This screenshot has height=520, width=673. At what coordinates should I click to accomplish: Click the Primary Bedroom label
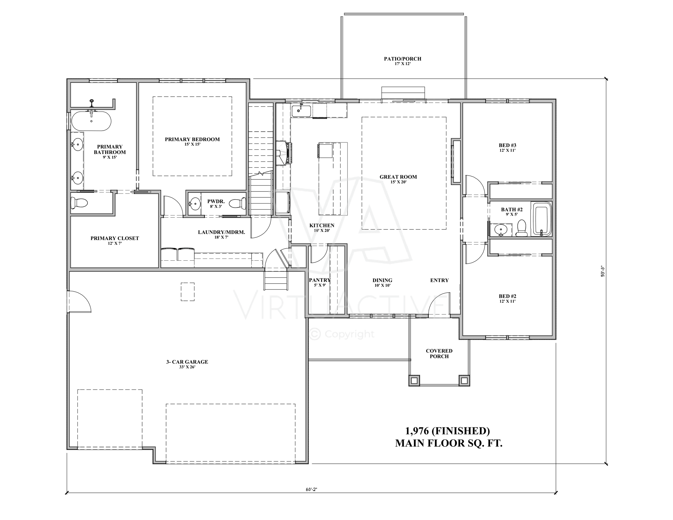pyautogui.click(x=192, y=139)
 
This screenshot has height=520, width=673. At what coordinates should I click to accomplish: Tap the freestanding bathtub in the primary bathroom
pyautogui.click(x=91, y=121)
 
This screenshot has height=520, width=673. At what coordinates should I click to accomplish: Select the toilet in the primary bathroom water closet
pyautogui.click(x=79, y=203)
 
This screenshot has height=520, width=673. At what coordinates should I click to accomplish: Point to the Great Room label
pyautogui.click(x=398, y=177)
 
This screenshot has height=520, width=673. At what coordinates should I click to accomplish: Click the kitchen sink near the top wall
pyautogui.click(x=302, y=110)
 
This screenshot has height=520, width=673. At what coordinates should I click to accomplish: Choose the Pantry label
pyautogui.click(x=320, y=280)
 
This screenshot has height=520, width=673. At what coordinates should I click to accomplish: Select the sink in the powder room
pyautogui.click(x=194, y=203)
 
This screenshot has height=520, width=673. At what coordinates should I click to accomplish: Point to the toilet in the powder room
pyautogui.click(x=238, y=203)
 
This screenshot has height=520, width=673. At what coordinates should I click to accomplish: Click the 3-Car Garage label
pyautogui.click(x=187, y=362)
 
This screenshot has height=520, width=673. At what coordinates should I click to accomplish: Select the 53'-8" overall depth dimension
pyautogui.click(x=603, y=271)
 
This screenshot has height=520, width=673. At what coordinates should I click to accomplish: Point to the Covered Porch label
pyautogui.click(x=439, y=354)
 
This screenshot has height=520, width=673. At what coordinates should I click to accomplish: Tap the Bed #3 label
pyautogui.click(x=507, y=145)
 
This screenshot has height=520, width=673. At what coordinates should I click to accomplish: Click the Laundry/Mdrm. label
pyautogui.click(x=222, y=232)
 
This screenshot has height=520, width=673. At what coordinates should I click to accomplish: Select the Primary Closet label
pyautogui.click(x=115, y=238)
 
